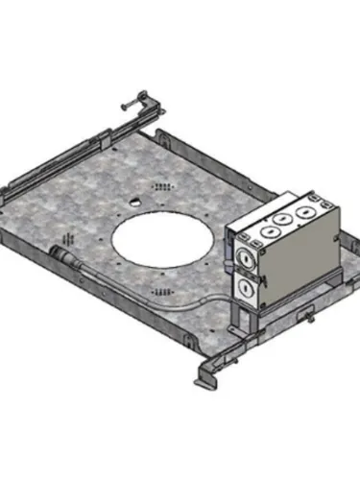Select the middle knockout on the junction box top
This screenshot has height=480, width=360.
pos(283,217)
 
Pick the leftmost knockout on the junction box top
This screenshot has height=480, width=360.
pos(261,227)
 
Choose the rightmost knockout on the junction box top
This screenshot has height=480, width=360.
pos(305,208)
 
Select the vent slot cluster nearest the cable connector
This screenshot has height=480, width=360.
pos(67,236)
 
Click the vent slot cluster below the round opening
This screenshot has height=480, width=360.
pos(163,289)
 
